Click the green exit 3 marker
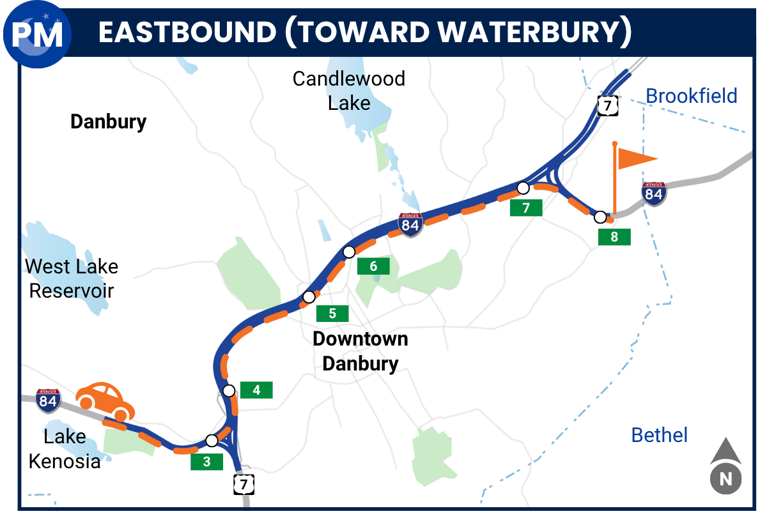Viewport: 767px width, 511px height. pos(206,462)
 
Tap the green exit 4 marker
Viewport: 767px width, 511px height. pos(256,390)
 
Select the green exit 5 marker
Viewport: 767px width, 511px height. pos(332,313)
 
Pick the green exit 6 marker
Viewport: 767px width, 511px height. pos(373,266)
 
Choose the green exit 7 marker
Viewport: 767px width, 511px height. pos(526,208)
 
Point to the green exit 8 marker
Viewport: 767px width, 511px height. pos(614,237)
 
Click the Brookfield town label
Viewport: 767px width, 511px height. pos(692,96)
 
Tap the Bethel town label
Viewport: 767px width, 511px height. pos(660,435)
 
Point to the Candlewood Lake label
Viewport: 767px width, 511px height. pos(349,90)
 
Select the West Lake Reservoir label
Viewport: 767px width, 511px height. pos(72,278)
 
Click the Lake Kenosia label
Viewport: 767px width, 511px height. pos(65,449)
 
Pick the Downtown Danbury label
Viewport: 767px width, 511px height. pos(360,351)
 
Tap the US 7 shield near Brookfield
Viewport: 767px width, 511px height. pos(605,105)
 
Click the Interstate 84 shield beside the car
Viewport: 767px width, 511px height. pos(49,400)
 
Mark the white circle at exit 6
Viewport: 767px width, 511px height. pos(349,252)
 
